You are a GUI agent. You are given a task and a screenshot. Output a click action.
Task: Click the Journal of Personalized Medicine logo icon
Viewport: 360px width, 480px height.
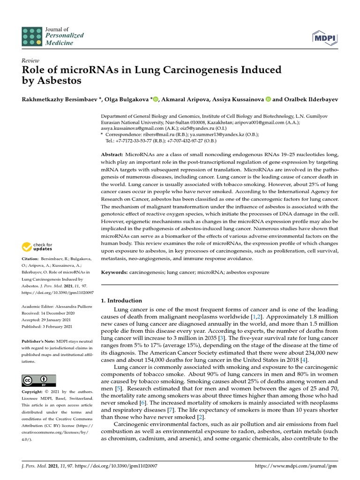click(31, 36)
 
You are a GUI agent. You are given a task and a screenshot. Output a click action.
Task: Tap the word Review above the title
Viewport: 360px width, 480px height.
click(30, 61)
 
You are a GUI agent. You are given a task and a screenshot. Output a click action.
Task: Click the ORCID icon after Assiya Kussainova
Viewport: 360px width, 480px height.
click(268, 99)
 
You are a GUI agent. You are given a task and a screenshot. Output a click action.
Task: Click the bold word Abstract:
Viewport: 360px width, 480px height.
click(112, 155)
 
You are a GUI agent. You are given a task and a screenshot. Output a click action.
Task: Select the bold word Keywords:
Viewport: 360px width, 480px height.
click(114, 272)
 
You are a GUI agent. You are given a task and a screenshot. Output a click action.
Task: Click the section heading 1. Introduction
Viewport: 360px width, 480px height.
click(121, 300)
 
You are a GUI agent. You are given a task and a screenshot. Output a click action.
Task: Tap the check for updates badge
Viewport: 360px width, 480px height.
click(37, 247)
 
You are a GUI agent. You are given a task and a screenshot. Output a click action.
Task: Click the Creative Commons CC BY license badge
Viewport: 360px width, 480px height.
click(39, 380)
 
